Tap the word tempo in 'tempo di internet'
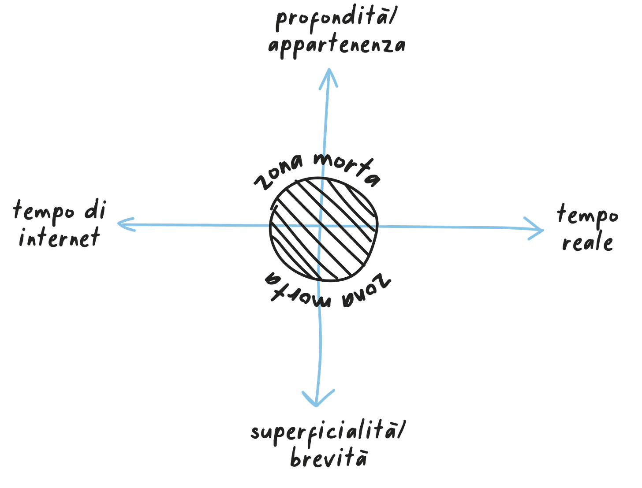(x=45, y=211)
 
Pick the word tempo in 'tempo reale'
(x=587, y=215)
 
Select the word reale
(x=587, y=242)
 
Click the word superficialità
(x=324, y=432)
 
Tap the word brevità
(x=328, y=458)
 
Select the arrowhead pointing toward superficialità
(x=317, y=399)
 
